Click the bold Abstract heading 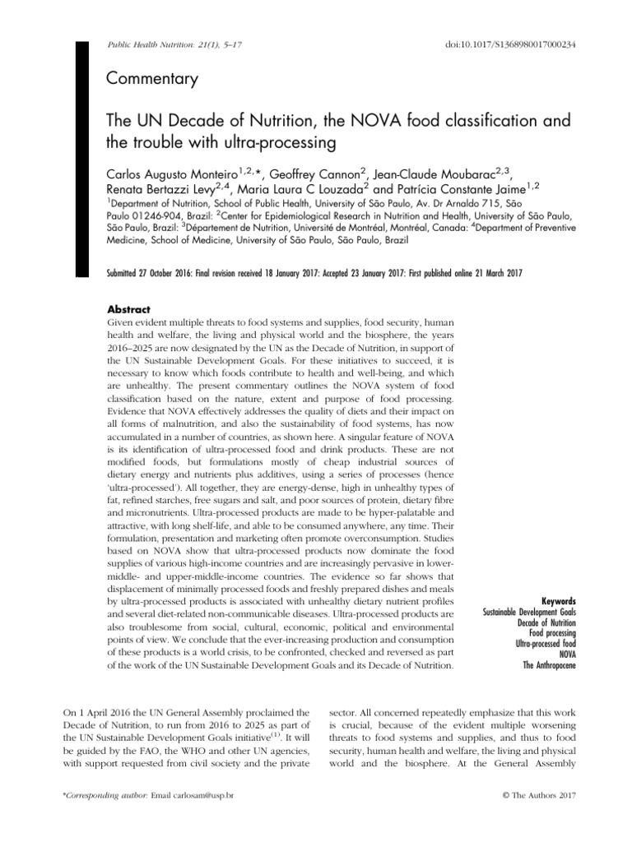click(x=129, y=309)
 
